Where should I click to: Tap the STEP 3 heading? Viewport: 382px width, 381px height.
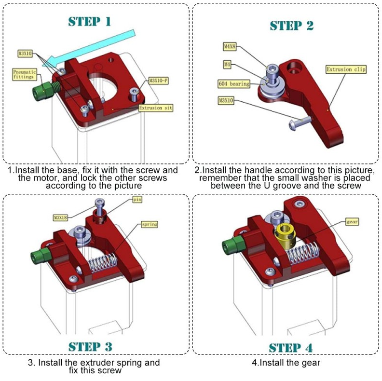point(90,346)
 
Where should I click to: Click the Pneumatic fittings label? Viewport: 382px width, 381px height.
point(24,73)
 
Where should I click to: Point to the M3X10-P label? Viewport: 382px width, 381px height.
point(158,81)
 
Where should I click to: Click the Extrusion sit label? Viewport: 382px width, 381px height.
point(155,108)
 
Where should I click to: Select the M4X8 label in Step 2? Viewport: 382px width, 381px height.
point(230,47)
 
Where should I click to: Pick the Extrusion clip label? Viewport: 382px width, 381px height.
point(346,69)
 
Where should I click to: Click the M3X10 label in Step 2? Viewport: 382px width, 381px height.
point(225,101)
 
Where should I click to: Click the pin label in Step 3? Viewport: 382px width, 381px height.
point(138,199)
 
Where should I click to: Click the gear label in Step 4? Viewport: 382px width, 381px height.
point(352,222)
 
